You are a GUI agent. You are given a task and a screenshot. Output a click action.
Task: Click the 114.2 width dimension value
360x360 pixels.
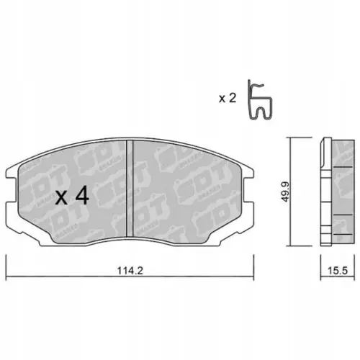[x=127, y=273]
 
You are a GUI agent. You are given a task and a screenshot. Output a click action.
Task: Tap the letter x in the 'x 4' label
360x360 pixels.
[x=60, y=197]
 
